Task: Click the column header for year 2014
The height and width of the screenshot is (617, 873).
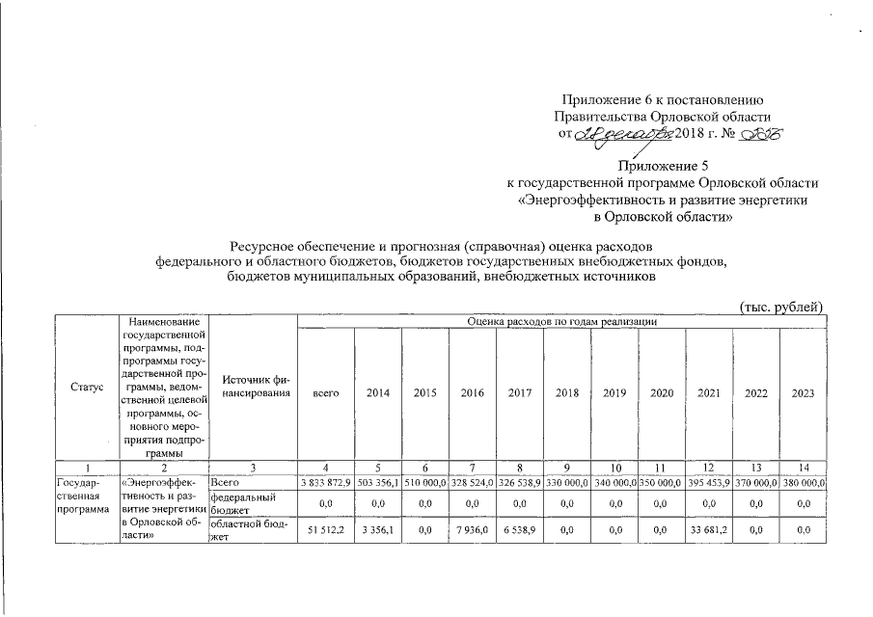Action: (378, 394)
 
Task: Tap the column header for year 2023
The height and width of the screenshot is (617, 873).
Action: (803, 394)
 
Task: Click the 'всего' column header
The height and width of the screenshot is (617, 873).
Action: (325, 394)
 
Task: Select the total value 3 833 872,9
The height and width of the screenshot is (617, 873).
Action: (326, 482)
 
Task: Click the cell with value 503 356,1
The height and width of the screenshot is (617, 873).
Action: (379, 482)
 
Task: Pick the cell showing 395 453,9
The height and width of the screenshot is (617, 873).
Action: (709, 482)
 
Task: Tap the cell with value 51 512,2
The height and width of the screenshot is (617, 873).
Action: (326, 529)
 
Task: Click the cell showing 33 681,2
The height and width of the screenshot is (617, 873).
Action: (709, 529)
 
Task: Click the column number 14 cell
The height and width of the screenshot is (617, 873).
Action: (803, 468)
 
